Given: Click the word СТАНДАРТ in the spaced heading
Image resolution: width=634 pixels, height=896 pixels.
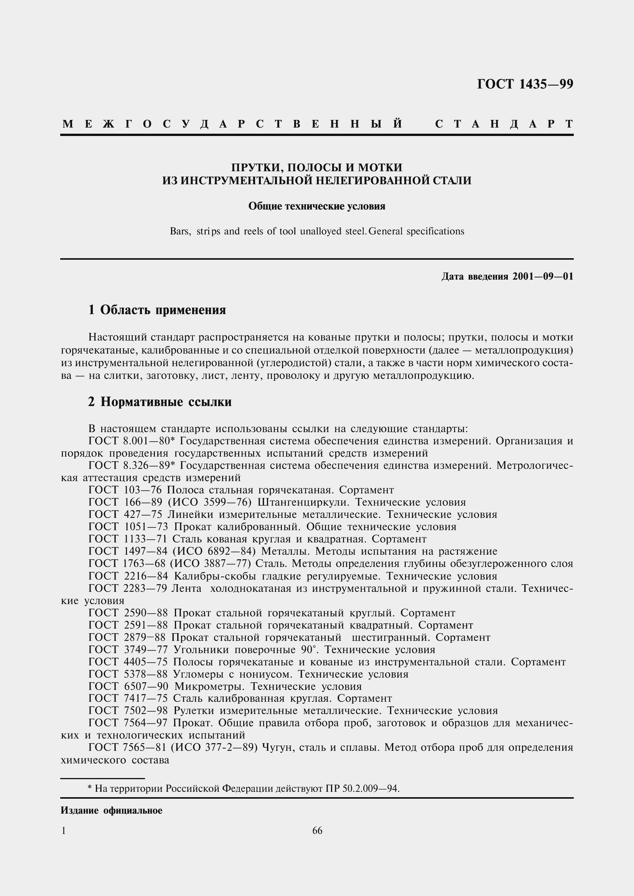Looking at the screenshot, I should [504, 124].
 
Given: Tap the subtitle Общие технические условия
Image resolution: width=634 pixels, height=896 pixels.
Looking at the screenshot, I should [317, 206].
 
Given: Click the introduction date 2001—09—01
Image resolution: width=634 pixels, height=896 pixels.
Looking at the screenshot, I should [543, 277].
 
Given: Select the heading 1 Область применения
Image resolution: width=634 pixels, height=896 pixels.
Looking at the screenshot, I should [157, 310].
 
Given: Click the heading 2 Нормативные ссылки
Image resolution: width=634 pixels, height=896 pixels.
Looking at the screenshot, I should [160, 402].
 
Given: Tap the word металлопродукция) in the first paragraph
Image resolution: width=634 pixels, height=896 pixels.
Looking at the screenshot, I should [524, 350].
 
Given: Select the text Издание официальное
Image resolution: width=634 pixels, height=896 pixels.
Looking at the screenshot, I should [111, 811].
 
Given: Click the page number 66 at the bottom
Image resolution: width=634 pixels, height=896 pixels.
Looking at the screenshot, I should [317, 831].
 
